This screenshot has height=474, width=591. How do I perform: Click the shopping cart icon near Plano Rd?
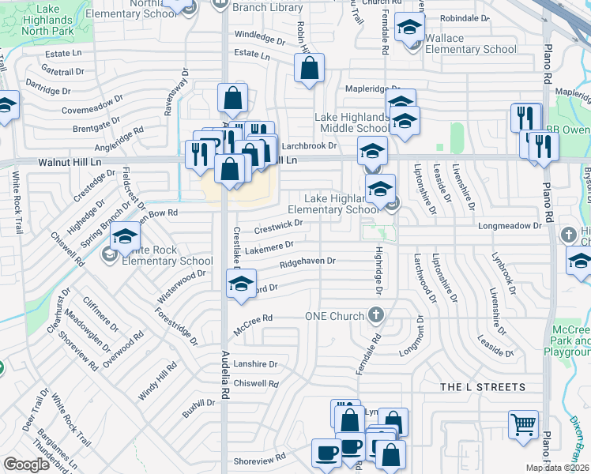[523, 424]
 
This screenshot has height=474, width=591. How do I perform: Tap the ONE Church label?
[334, 316]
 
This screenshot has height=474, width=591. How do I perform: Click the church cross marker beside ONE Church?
[376, 316]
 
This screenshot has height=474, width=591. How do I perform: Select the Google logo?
[26, 465]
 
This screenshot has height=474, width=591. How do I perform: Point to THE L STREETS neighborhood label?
[482, 387]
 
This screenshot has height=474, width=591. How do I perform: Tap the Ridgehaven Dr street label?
[307, 261]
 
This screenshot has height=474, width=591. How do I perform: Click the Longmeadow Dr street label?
[510, 225]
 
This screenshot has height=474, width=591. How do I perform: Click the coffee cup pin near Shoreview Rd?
[326, 453]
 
